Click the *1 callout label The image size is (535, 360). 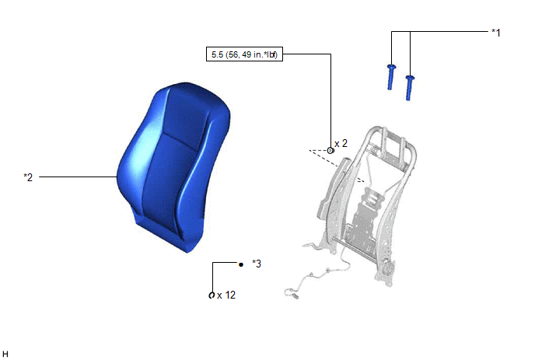[496, 33]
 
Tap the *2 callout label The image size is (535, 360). [28, 177]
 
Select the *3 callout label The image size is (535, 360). [257, 264]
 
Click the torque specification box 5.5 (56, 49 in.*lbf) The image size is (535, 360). [244, 54]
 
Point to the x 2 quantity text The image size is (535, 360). [341, 144]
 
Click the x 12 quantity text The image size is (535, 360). [226, 295]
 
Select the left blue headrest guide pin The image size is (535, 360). [391, 77]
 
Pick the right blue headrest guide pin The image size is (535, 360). [410, 88]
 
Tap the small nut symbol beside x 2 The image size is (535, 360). [330, 151]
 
